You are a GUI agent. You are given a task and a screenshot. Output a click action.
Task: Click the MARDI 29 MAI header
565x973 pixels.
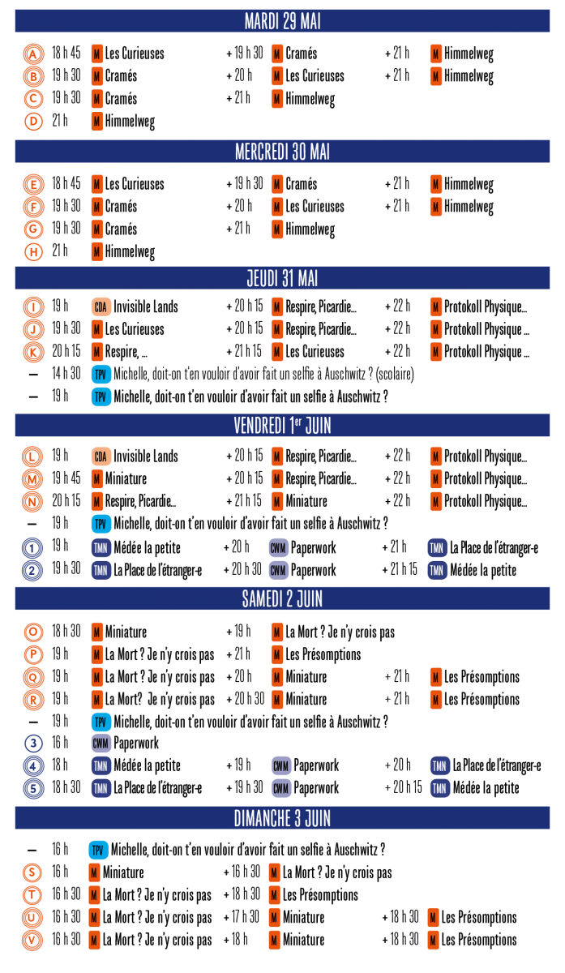pos(282,21)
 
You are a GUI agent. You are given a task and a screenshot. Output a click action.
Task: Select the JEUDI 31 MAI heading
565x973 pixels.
pos(282,278)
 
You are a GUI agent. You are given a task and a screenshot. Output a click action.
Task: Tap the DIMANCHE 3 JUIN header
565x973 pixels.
pos(282,818)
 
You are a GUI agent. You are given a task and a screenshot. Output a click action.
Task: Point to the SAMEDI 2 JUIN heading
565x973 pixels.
pos(282,598)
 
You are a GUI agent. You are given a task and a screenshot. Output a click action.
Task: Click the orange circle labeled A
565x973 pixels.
pos(33,54)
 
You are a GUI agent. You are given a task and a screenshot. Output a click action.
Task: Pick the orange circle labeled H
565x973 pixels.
pos(33,252)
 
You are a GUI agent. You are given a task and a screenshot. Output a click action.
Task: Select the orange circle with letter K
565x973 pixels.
pos(33,353)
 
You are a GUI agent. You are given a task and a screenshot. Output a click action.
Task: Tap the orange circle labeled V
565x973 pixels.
pos(32,941)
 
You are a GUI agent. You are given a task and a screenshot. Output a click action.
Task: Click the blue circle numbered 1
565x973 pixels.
pos(32,548)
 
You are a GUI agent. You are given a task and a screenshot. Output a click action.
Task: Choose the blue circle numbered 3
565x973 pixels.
pos(33,743)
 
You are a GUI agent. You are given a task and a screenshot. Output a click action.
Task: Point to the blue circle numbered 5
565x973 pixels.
pos(33,788)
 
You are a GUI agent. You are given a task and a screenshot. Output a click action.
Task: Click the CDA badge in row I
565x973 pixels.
pos(101,307)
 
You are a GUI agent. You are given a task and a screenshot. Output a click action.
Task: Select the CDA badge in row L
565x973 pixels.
pos(101,456)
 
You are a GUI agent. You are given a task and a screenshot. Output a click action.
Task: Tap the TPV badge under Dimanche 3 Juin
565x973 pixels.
pos(98,851)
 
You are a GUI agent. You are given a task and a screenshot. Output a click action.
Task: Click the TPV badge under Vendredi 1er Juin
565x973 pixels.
pos(101,524)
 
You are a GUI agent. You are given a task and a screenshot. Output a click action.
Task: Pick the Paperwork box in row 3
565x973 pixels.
pos(156,742)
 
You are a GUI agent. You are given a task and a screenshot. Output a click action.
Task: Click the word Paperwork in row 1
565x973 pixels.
pos(313,548)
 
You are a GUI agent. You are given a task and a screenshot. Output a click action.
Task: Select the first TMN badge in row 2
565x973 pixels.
pos(101,571)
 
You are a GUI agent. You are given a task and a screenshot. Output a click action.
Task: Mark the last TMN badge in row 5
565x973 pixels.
pos(439,788)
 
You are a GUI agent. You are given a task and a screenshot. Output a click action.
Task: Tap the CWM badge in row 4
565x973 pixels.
pos(280,765)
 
